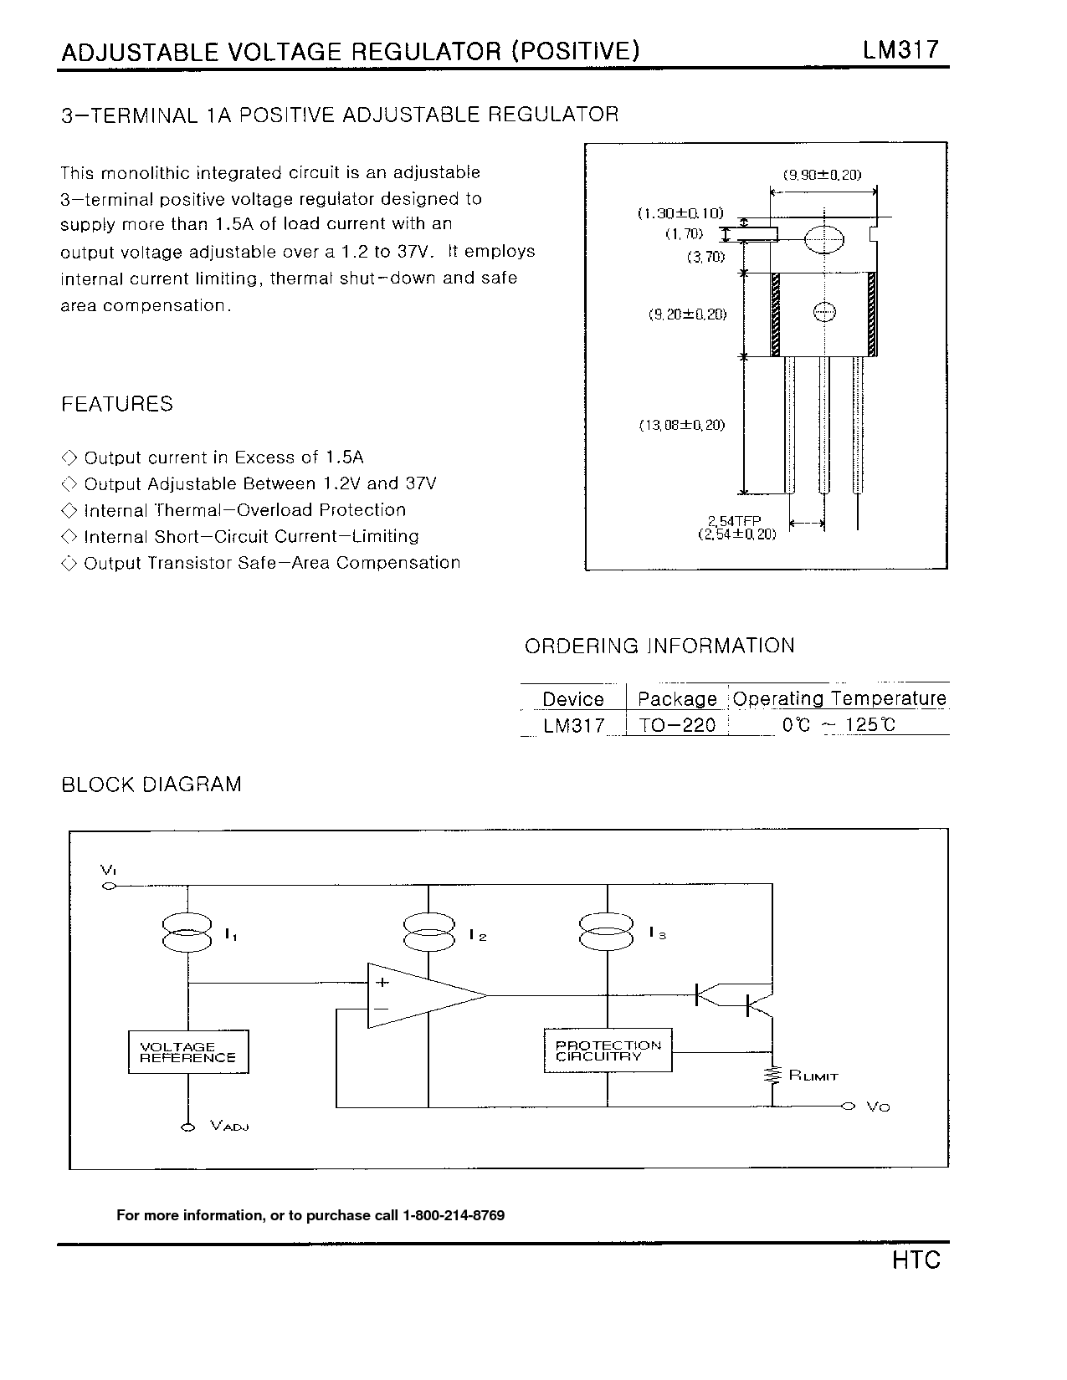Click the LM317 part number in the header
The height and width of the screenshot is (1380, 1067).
click(901, 50)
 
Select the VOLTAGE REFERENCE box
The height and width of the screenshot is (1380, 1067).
click(188, 1052)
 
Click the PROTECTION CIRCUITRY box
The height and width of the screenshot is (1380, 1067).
click(608, 1050)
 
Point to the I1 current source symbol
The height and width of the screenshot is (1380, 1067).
click(187, 933)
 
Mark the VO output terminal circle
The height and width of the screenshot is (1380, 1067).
click(848, 1107)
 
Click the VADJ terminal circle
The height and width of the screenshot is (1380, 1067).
click(187, 1127)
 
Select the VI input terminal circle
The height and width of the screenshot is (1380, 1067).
click(108, 886)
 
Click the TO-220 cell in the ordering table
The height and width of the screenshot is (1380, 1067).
click(677, 725)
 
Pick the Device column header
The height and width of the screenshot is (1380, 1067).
click(573, 699)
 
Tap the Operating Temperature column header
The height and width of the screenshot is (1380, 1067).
click(839, 698)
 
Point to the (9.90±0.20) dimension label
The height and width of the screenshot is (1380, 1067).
click(822, 175)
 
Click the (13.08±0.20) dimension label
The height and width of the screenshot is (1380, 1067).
click(682, 425)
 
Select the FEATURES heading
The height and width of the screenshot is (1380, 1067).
click(117, 404)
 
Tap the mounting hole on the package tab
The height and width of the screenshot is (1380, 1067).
click(824, 240)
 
